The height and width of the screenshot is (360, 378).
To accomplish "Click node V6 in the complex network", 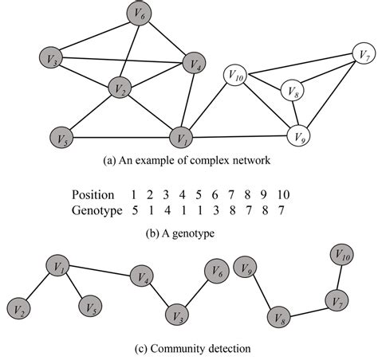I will (x=140, y=14).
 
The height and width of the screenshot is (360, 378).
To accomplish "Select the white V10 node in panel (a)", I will (x=237, y=77).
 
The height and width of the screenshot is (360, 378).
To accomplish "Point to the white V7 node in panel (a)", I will (x=363, y=56).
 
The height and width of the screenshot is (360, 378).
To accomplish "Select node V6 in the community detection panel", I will (x=216, y=271).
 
